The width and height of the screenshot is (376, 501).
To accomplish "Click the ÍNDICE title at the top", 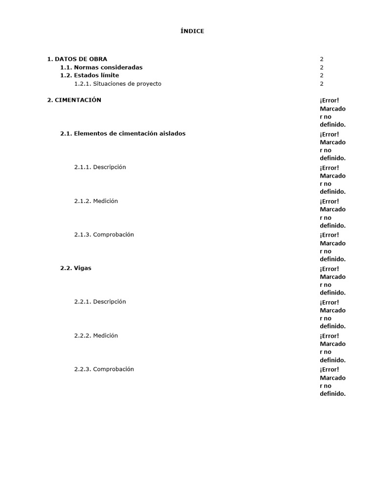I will (192, 31).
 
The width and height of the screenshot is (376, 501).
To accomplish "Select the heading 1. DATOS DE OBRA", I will (77, 59).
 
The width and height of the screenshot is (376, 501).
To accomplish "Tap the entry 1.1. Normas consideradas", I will (101, 68).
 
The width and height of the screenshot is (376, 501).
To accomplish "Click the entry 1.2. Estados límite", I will (90, 75).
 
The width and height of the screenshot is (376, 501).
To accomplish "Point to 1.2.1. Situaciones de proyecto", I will (117, 84).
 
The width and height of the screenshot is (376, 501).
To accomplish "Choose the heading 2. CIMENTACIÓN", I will (74, 100).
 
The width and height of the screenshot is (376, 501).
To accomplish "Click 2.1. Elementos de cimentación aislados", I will (123, 134).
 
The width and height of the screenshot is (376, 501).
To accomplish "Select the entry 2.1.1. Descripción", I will (100, 167).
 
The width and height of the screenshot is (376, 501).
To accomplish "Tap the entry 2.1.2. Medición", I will (96, 201).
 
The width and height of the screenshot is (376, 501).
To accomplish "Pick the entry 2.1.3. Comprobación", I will (104, 235).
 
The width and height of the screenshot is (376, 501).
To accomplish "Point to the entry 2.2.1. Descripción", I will (100, 302).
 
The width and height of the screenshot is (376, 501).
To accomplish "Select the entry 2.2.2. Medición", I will (96, 336).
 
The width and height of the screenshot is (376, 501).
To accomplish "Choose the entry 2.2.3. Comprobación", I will (104, 369).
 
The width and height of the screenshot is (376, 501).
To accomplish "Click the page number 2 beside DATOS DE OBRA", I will (322, 59).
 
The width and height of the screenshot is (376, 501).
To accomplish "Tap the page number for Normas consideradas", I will (322, 68).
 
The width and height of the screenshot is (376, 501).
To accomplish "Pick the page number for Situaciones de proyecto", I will (322, 84).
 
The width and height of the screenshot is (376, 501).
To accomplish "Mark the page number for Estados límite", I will (322, 75).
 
